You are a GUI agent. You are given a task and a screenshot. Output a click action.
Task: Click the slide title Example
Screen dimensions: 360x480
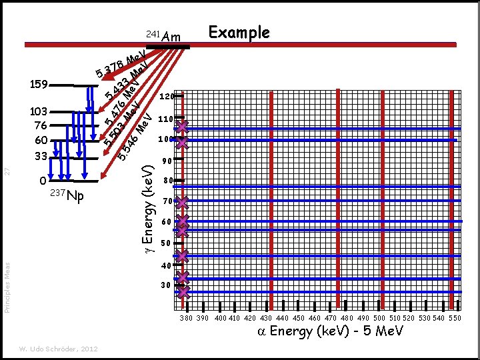pos(239,33)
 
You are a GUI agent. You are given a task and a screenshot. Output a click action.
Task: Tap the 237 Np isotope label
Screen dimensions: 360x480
pos(67,196)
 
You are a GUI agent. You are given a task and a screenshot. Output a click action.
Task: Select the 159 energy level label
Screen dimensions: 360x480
pos(38,85)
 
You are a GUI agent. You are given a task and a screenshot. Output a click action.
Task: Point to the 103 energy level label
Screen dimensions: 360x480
pos(38,111)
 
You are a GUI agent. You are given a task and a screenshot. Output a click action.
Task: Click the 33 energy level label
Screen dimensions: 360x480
pos(39,157)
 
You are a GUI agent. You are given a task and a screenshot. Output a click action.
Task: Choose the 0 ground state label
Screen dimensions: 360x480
pos(43,181)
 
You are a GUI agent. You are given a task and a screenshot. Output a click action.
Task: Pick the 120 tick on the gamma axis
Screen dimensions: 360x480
pos(166,97)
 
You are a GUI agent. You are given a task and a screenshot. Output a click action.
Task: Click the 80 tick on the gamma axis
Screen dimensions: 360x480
pos(168,181)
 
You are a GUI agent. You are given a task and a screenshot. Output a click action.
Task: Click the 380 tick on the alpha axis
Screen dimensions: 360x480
pos(187,319)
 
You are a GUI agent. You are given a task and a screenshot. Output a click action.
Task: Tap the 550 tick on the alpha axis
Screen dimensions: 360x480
pos(455,319)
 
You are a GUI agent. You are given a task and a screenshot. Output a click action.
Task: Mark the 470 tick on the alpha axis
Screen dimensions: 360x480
pos(329,319)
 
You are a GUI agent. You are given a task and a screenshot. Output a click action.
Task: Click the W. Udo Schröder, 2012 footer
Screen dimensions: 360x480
pos(59,349)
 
